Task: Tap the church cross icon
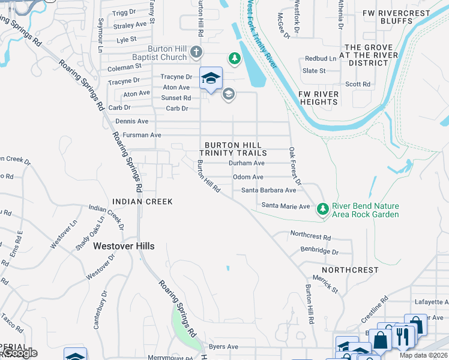click(196, 53)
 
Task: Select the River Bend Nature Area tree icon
click(323, 208)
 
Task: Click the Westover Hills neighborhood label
click(124, 246)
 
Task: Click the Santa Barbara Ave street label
click(268, 190)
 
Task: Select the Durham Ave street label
click(246, 163)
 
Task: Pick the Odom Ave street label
click(248, 177)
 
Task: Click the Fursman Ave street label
click(139, 136)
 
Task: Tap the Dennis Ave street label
click(131, 121)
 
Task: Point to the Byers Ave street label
click(223, 347)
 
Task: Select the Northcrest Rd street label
click(310, 237)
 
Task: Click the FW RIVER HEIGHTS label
click(318, 98)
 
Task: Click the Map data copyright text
click(424, 355)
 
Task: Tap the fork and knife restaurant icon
click(402, 337)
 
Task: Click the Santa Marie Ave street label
click(285, 206)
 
